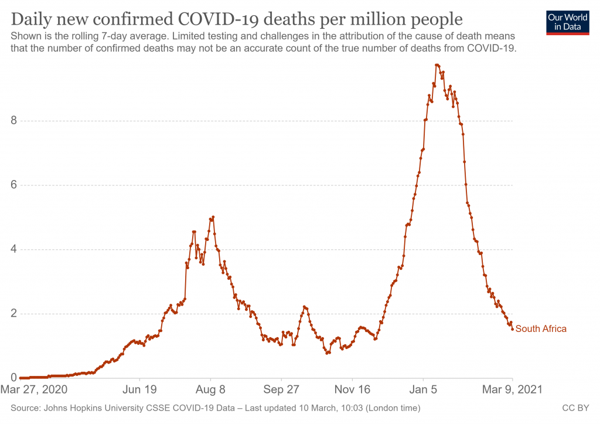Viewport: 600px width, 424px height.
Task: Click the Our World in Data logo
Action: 567,22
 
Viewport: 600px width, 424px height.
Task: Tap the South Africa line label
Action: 541,329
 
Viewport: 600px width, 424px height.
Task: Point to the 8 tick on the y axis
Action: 14,121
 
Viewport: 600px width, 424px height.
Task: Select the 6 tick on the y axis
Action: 14,185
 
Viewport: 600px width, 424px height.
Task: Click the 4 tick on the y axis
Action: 14,250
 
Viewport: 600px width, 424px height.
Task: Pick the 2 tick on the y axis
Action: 14,314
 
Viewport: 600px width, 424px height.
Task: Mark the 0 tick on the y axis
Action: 14,378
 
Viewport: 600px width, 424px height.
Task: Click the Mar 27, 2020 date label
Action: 35,389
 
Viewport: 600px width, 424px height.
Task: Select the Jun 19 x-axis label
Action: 140,389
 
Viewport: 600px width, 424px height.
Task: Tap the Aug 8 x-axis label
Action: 211,389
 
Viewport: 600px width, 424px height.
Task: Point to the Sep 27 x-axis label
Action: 281,389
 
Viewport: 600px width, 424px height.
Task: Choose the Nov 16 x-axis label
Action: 353,389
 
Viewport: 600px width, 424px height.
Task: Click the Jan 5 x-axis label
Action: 423,389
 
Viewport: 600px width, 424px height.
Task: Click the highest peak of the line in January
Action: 437,65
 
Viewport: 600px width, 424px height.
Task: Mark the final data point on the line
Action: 513,329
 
